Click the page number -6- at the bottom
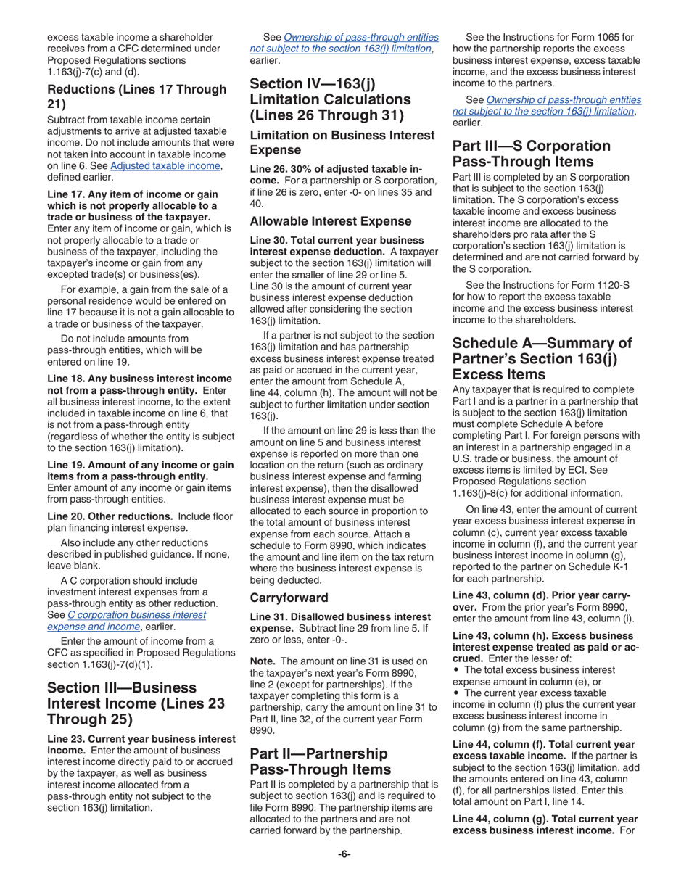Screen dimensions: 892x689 (344, 854)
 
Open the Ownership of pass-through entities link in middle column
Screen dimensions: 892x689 (341, 43)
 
